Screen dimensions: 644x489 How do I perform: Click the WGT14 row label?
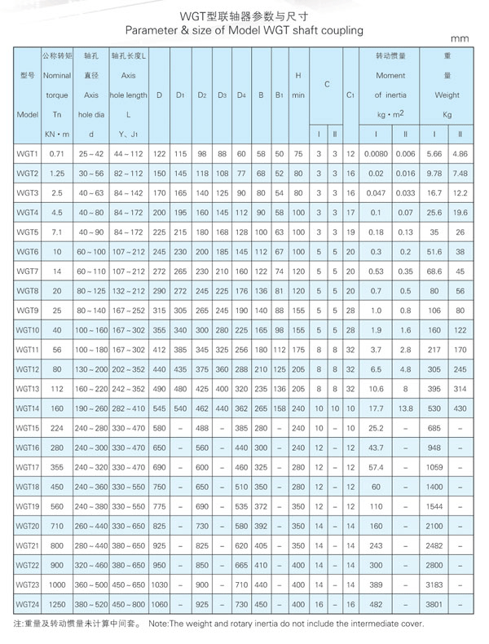[28, 408]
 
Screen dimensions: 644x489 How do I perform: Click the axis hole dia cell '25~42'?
[91, 153]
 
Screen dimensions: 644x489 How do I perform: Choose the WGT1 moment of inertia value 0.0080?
[377, 153]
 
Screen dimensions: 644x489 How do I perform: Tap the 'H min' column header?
[298, 86]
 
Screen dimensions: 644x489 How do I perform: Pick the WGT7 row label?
[28, 271]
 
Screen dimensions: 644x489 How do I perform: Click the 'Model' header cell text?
[28, 114]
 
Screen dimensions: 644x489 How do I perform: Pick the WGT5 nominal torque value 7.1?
[57, 232]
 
